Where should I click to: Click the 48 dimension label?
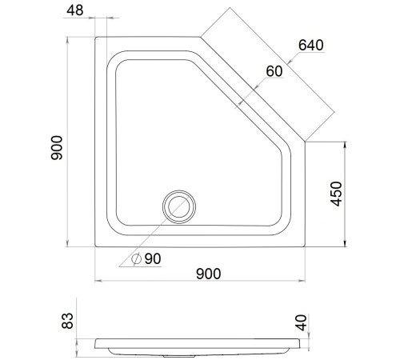[75, 10]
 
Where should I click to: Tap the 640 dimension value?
[311, 45]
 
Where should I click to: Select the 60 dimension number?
[274, 71]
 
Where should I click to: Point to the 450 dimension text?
[336, 194]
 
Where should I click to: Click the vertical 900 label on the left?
[57, 148]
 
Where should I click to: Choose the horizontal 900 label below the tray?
[209, 274]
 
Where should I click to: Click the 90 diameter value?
[153, 258]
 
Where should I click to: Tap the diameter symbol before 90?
[136, 258]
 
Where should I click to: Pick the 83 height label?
[67, 321]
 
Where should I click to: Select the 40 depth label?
[302, 322]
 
